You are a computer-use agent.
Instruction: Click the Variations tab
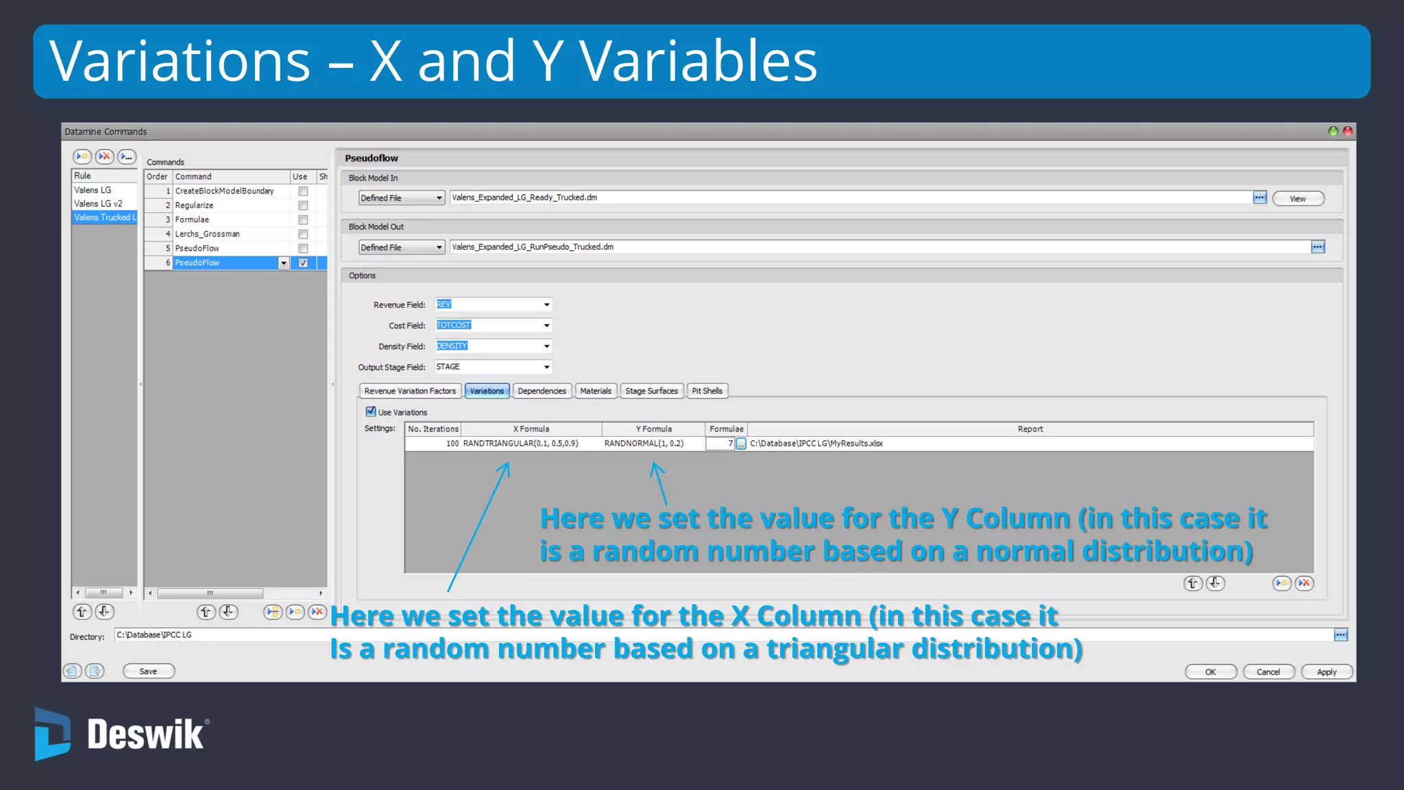[487, 391]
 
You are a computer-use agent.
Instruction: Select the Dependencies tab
[542, 391]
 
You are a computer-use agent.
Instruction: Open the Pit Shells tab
[707, 391]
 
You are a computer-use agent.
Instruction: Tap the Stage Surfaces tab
[651, 391]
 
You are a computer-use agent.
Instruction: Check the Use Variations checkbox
[371, 411]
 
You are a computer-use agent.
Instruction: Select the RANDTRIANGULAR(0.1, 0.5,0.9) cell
[521, 444]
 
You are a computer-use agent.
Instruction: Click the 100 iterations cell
[433, 444]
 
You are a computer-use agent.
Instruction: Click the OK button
[1211, 672]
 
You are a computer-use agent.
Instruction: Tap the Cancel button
[1268, 672]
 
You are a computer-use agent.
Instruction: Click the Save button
[148, 671]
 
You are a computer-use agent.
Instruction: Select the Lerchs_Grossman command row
[208, 234]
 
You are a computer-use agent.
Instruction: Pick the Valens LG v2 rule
[98, 204]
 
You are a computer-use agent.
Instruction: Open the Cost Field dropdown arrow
[546, 326]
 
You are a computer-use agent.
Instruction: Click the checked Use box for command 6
[303, 263]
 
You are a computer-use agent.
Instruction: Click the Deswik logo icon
[52, 734]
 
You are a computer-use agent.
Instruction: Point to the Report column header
[1030, 429]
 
